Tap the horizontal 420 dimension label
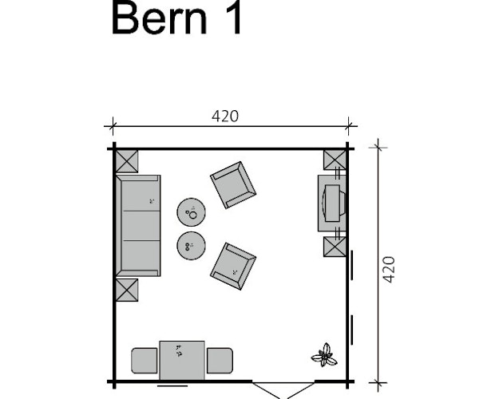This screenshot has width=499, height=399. pos(225,116)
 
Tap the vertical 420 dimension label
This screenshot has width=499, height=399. pos(390,270)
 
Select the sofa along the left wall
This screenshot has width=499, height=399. pos(138,226)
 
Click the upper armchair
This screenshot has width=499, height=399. pos(233,184)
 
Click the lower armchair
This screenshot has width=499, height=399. pos(233,265)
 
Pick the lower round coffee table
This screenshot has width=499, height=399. pos(192,245)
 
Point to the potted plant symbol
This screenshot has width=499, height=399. pos(324,354)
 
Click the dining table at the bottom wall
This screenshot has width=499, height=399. pos(182,361)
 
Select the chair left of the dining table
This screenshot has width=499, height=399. pos(145,361)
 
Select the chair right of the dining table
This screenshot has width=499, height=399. pos(220,361)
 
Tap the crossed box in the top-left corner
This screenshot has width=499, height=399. pos(127,161)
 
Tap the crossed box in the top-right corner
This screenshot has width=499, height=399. pos(334,160)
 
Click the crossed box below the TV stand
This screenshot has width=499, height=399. pos(334,245)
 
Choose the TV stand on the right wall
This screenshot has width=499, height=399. pos(331,203)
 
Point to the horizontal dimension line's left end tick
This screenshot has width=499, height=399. pos(113,124)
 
